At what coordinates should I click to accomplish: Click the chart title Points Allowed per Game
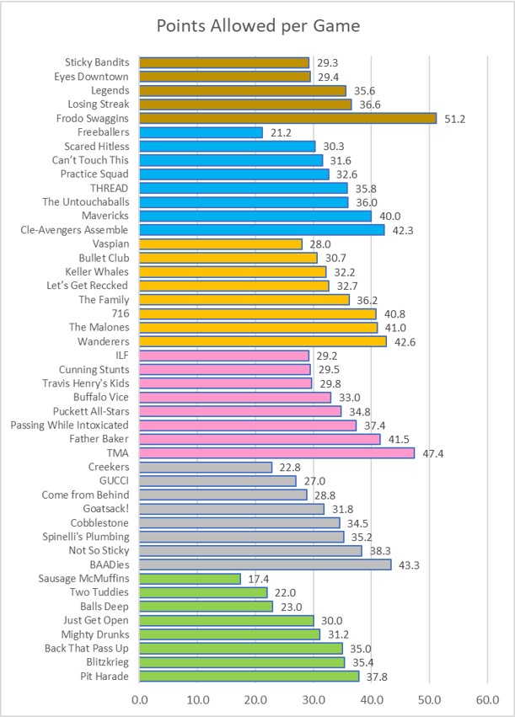tap(258, 26)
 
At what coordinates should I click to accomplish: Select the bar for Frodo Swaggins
tap(287, 119)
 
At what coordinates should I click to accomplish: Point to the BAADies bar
tap(265, 565)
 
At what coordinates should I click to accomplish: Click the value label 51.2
tap(454, 119)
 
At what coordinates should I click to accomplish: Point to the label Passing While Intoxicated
tap(69, 425)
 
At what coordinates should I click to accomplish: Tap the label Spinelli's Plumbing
tap(87, 537)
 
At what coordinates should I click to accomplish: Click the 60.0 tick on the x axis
tap(487, 698)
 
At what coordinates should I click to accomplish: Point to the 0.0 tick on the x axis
tap(139, 698)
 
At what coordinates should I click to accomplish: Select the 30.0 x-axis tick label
tap(314, 698)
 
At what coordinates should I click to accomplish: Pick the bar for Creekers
tap(206, 467)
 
